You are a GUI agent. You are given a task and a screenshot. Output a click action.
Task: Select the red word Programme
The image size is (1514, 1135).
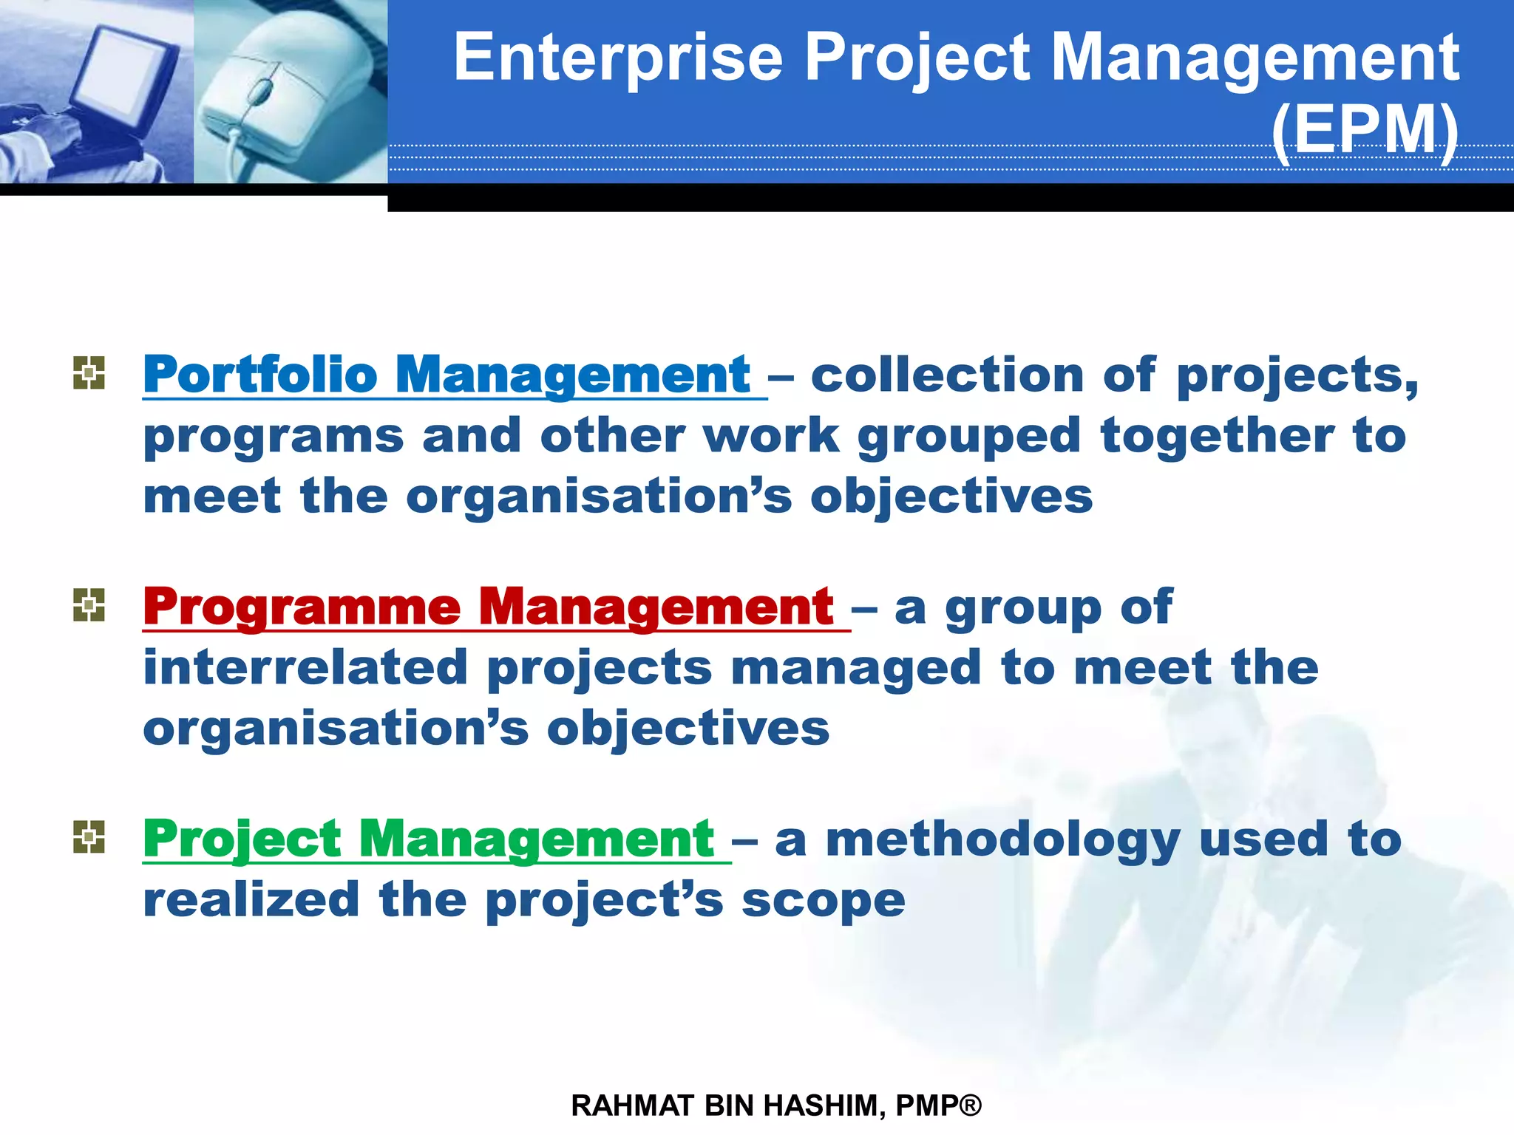302,607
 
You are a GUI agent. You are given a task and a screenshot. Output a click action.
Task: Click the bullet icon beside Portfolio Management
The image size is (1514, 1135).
89,372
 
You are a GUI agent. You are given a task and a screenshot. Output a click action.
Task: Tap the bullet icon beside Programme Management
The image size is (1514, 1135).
89,605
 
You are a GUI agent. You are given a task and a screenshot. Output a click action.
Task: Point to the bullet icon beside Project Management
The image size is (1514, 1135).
89,837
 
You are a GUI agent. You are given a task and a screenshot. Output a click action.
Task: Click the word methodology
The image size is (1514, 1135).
1002,839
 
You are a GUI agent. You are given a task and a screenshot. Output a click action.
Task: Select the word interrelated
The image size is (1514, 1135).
305,667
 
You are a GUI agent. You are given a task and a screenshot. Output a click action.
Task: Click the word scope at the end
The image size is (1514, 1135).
823,900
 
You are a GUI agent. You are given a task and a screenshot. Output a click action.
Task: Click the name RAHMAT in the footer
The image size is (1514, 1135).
632,1106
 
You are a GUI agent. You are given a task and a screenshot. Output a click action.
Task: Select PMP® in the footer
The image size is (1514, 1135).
938,1106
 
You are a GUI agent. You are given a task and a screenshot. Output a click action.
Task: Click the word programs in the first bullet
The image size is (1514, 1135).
274,437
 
